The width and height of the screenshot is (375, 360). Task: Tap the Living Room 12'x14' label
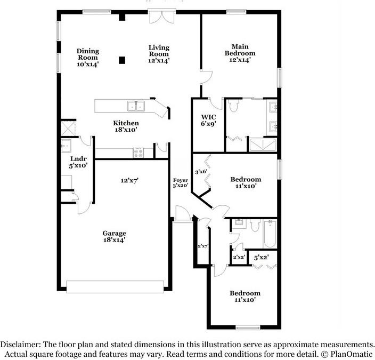click(159, 54)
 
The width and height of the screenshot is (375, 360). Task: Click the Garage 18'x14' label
click(115, 236)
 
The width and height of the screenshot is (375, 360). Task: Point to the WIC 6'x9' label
click(208, 121)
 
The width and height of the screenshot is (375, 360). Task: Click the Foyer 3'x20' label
click(181, 182)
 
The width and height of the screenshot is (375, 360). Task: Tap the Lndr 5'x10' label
click(78, 162)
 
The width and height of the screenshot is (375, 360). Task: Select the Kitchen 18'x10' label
click(126, 126)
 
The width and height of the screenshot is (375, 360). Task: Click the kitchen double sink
click(136, 106)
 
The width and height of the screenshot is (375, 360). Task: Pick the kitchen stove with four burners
click(138, 153)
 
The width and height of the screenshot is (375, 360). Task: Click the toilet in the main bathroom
click(233, 106)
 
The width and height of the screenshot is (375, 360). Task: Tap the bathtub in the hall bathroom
click(270, 234)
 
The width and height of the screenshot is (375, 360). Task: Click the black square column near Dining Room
click(122, 60)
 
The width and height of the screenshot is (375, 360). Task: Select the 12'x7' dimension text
click(129, 180)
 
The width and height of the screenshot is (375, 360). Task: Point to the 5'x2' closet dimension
click(261, 258)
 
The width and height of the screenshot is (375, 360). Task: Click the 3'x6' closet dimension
click(201, 172)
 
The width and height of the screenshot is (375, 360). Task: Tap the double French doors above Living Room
click(162, 17)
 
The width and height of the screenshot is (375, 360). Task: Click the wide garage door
click(115, 287)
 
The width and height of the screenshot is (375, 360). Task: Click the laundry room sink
click(66, 146)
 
